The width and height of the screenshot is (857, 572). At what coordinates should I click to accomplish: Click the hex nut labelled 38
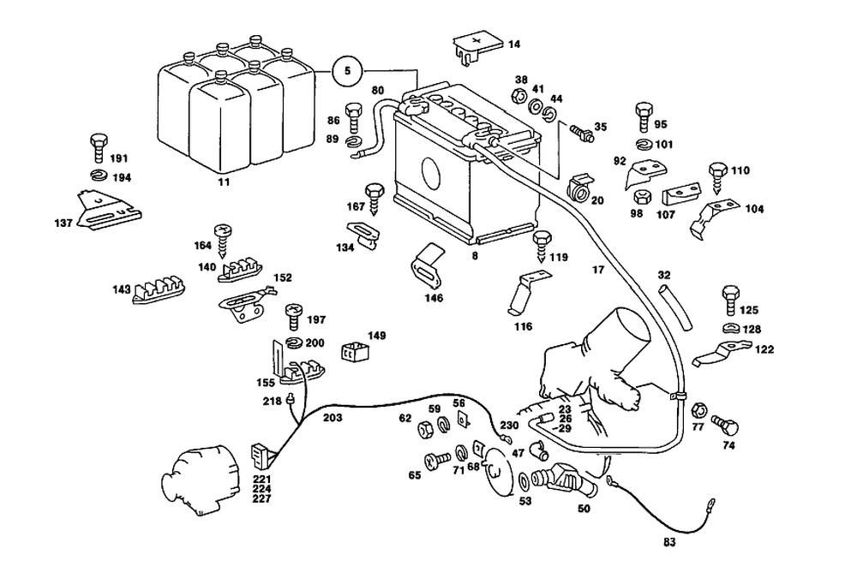[520, 93]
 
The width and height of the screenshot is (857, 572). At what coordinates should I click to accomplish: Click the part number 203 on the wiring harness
[333, 418]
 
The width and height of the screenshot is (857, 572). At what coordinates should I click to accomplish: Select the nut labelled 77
[698, 408]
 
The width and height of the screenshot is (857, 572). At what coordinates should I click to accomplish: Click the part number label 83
[670, 541]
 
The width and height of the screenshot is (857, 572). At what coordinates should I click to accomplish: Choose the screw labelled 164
[224, 237]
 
